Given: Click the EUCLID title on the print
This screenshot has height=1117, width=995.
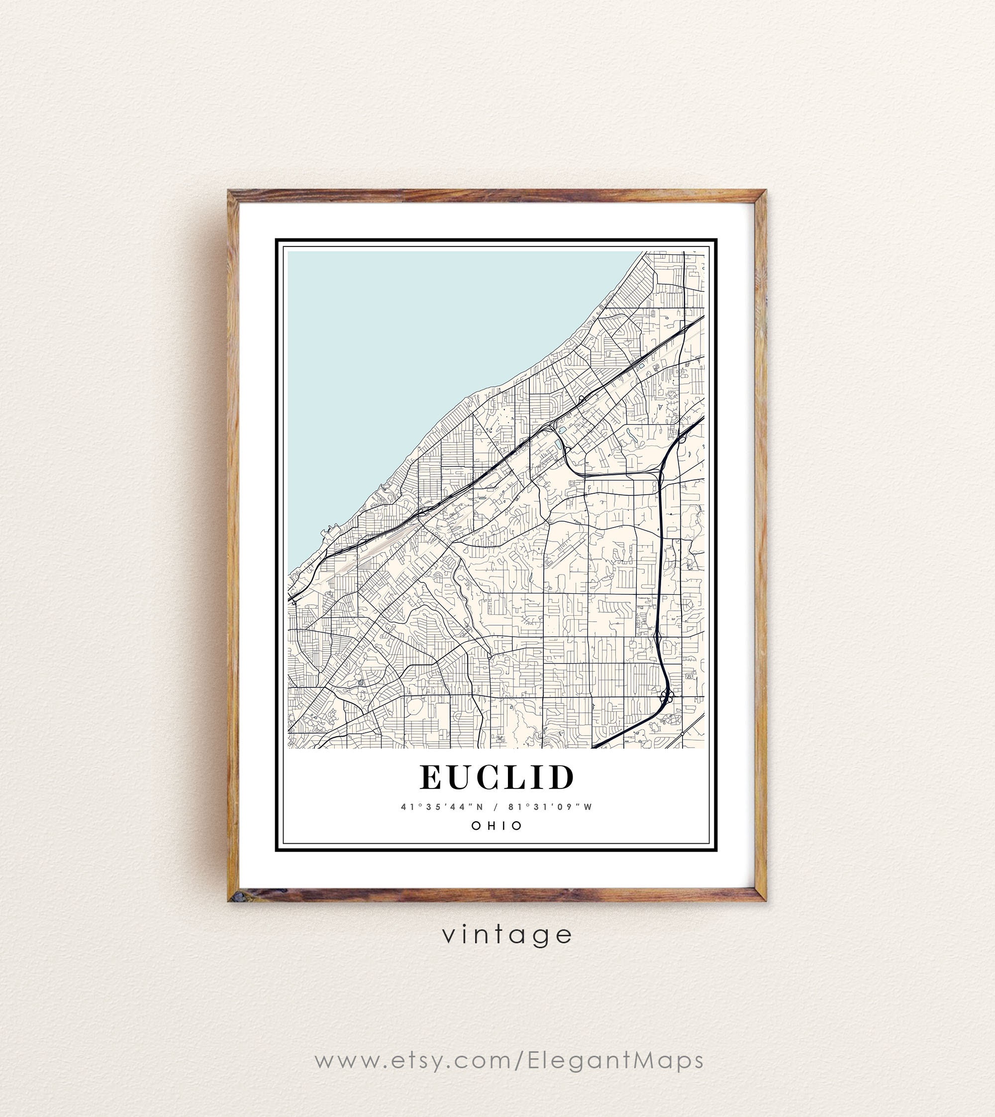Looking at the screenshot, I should pos(497,778).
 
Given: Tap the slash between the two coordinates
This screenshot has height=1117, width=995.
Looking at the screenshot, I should pos(497,807).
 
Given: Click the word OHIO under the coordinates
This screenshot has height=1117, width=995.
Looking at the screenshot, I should pos(497,825).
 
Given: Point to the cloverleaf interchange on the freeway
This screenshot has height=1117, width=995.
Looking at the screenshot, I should pos(666,696).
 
